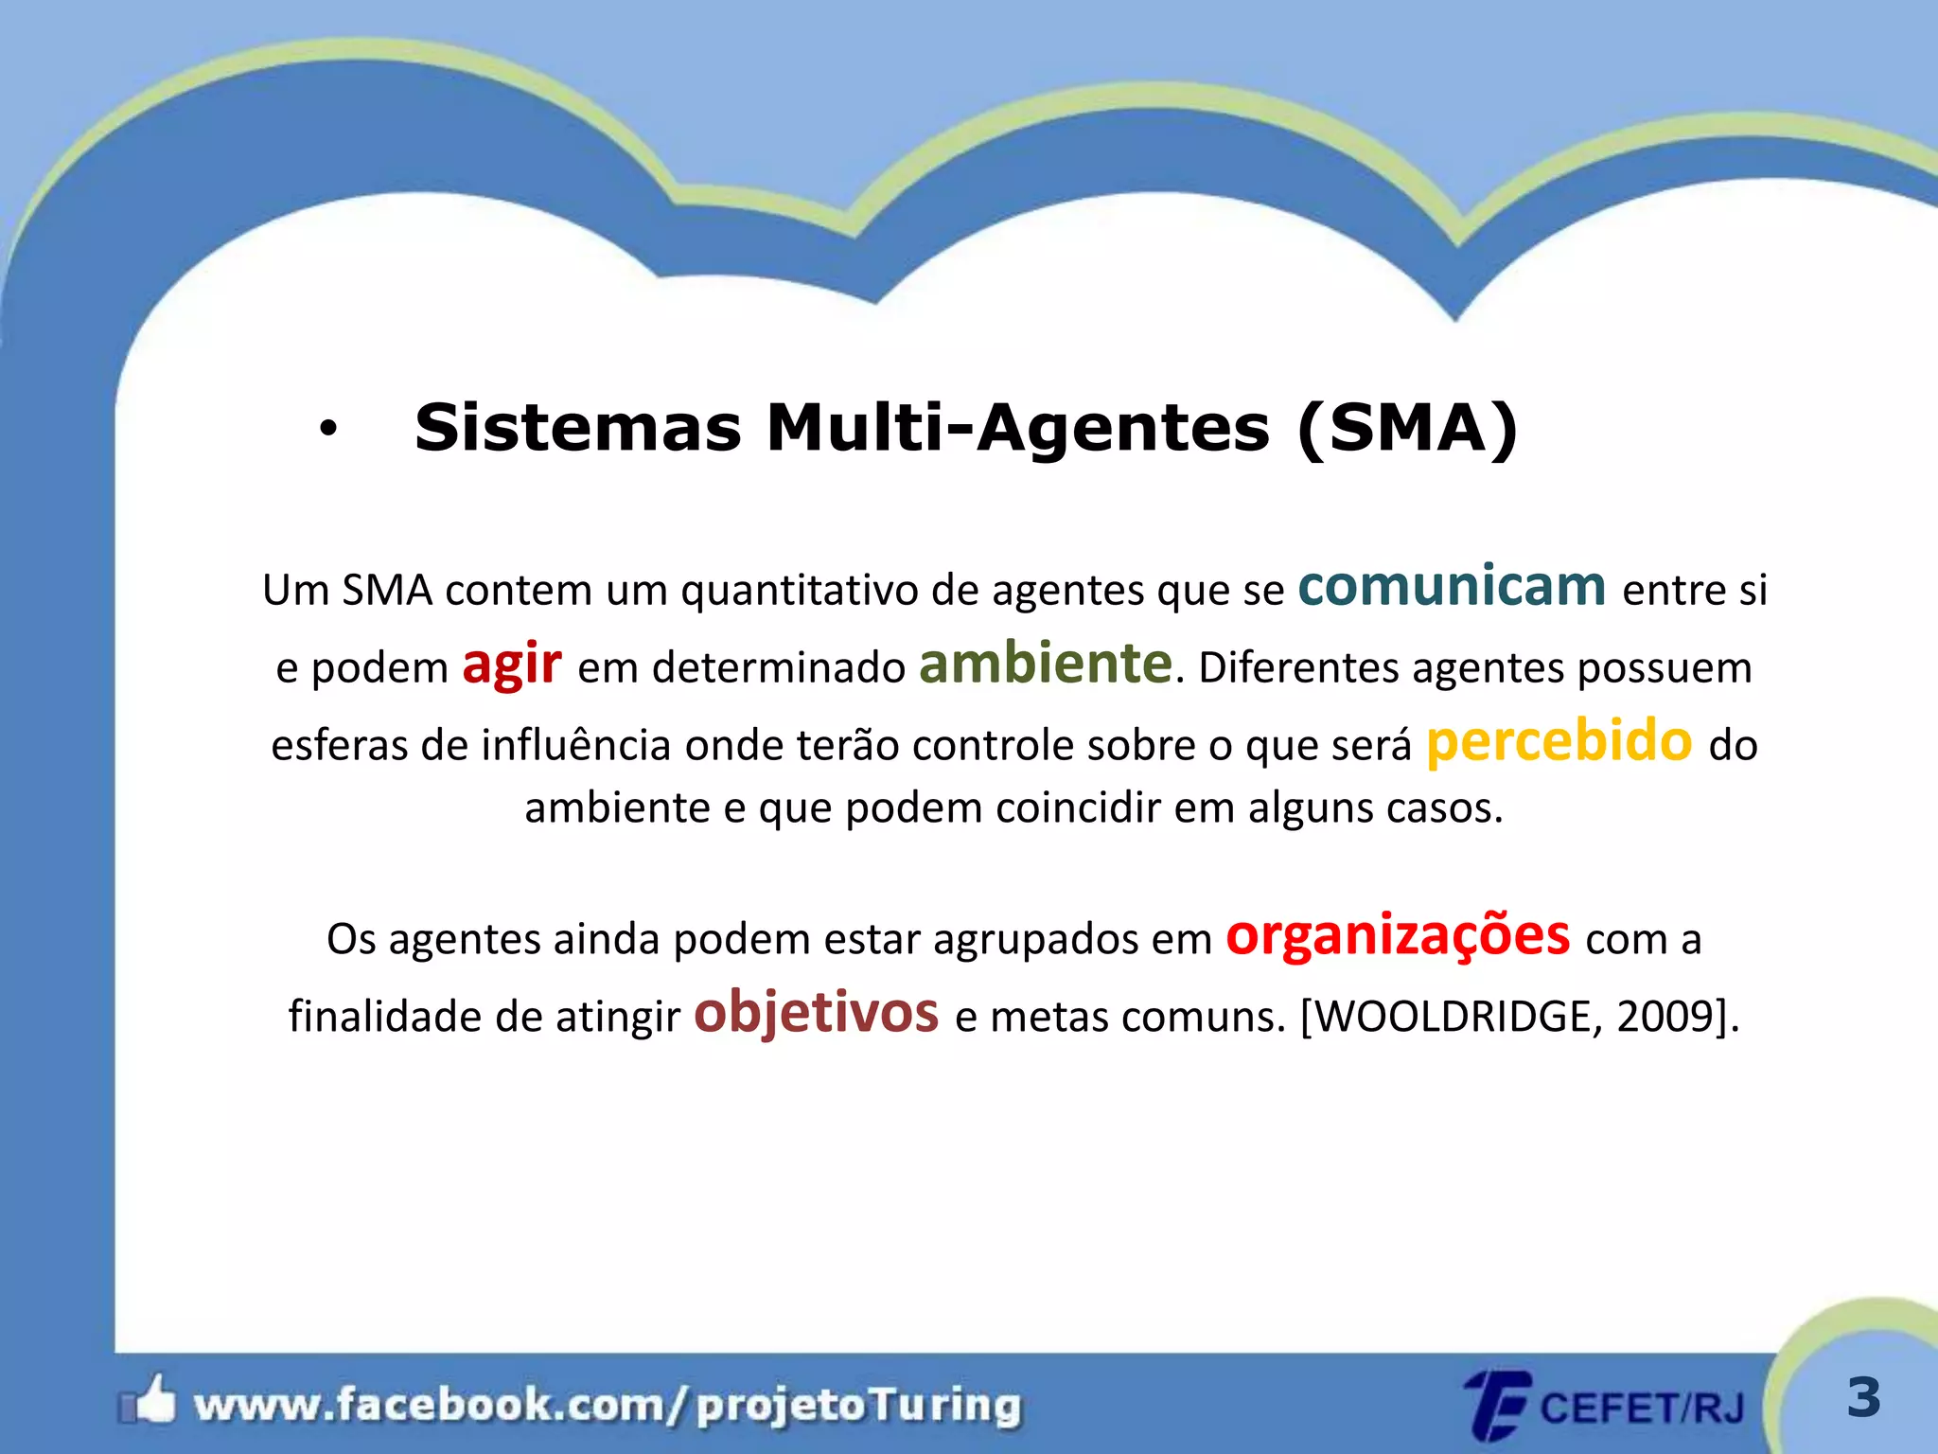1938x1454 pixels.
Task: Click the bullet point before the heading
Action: (327, 431)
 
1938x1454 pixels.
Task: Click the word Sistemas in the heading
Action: (578, 428)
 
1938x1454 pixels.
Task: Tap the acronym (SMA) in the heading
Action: (1407, 430)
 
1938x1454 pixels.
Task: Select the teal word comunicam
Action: (1452, 587)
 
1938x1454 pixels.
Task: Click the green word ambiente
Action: (1046, 664)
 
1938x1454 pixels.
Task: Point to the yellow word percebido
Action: (1559, 741)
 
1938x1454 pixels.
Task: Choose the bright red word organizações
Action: (1398, 936)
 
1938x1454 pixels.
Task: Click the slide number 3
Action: (1863, 1398)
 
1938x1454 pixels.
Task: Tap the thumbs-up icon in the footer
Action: (151, 1400)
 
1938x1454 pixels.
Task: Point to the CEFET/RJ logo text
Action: (1642, 1408)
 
